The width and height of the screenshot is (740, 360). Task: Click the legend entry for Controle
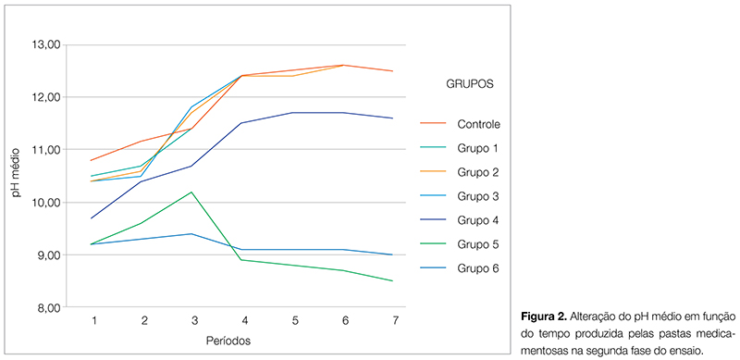coord(477,123)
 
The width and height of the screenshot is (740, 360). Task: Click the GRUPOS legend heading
coord(463,83)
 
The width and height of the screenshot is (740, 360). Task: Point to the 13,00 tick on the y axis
coord(46,44)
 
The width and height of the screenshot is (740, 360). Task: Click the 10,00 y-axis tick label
coord(46,203)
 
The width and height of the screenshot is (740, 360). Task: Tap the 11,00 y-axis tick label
coord(46,150)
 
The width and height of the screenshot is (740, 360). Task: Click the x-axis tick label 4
coord(244,320)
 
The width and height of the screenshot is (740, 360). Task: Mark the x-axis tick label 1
coord(94,320)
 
